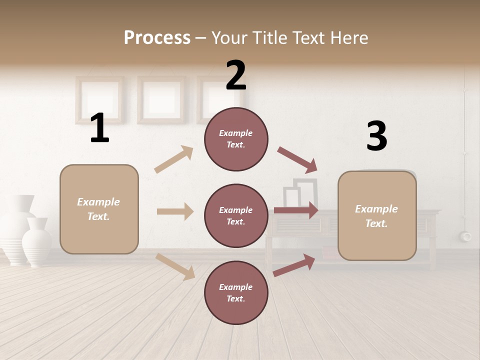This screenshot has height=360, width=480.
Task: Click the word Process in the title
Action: (x=157, y=37)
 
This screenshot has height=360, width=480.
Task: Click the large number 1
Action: (x=99, y=128)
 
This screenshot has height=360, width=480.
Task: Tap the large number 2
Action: (x=236, y=75)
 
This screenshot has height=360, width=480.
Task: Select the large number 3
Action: (x=376, y=136)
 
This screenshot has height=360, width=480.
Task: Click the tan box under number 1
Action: (x=99, y=209)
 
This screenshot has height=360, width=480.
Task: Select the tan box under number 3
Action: (x=377, y=216)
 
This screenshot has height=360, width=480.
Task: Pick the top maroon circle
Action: (x=236, y=139)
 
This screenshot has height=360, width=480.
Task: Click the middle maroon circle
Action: (x=236, y=216)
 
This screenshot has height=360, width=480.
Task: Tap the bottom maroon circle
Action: (x=236, y=293)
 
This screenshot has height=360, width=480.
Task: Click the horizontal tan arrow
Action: (x=175, y=211)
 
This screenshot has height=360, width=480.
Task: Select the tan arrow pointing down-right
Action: (x=175, y=266)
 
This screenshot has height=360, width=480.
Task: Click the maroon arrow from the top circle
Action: (x=297, y=159)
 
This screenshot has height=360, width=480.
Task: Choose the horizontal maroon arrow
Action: (x=296, y=210)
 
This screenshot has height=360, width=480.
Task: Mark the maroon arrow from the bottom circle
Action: (x=294, y=265)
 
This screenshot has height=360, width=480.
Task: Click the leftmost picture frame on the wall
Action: (x=99, y=99)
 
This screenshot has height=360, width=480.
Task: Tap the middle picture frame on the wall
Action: (x=161, y=99)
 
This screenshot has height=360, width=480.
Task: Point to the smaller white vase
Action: (x=37, y=242)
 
